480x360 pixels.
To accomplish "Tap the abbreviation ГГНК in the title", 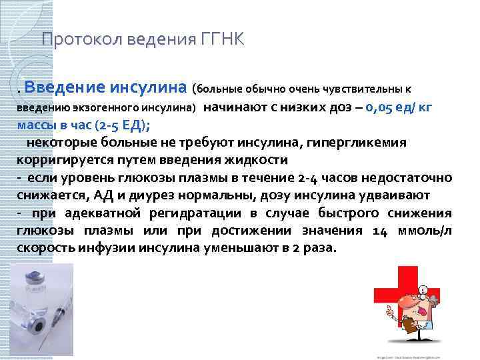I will (x=220, y=39).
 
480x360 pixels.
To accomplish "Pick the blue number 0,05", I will (x=383, y=107).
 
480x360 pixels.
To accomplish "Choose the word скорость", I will (x=44, y=248).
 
